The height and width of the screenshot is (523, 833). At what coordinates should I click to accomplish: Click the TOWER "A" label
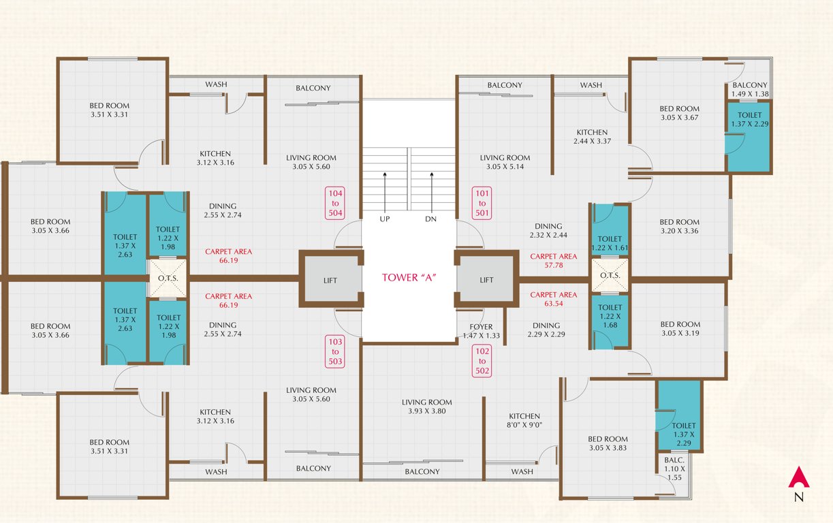[409, 277]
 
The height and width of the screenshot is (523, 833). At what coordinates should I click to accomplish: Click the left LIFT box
[330, 280]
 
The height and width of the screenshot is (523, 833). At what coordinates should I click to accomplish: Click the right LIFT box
[486, 280]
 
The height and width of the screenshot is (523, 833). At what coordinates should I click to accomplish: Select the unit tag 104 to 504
[335, 204]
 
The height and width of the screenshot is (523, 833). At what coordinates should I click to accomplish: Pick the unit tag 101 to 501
[482, 204]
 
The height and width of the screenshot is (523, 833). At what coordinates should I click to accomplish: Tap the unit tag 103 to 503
[335, 351]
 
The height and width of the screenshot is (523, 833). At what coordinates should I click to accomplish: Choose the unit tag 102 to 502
[482, 362]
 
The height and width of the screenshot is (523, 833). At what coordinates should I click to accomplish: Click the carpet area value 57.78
[553, 266]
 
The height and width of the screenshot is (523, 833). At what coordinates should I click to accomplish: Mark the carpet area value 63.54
[553, 304]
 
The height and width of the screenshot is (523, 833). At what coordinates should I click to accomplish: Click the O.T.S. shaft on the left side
[168, 279]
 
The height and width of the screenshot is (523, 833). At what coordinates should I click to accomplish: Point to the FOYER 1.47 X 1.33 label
[480, 331]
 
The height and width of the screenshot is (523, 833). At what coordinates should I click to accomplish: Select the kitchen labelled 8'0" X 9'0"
[524, 421]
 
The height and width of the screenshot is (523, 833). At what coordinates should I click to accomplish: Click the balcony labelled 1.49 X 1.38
[750, 89]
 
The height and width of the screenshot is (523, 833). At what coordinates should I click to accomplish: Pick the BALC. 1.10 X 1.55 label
[676, 469]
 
